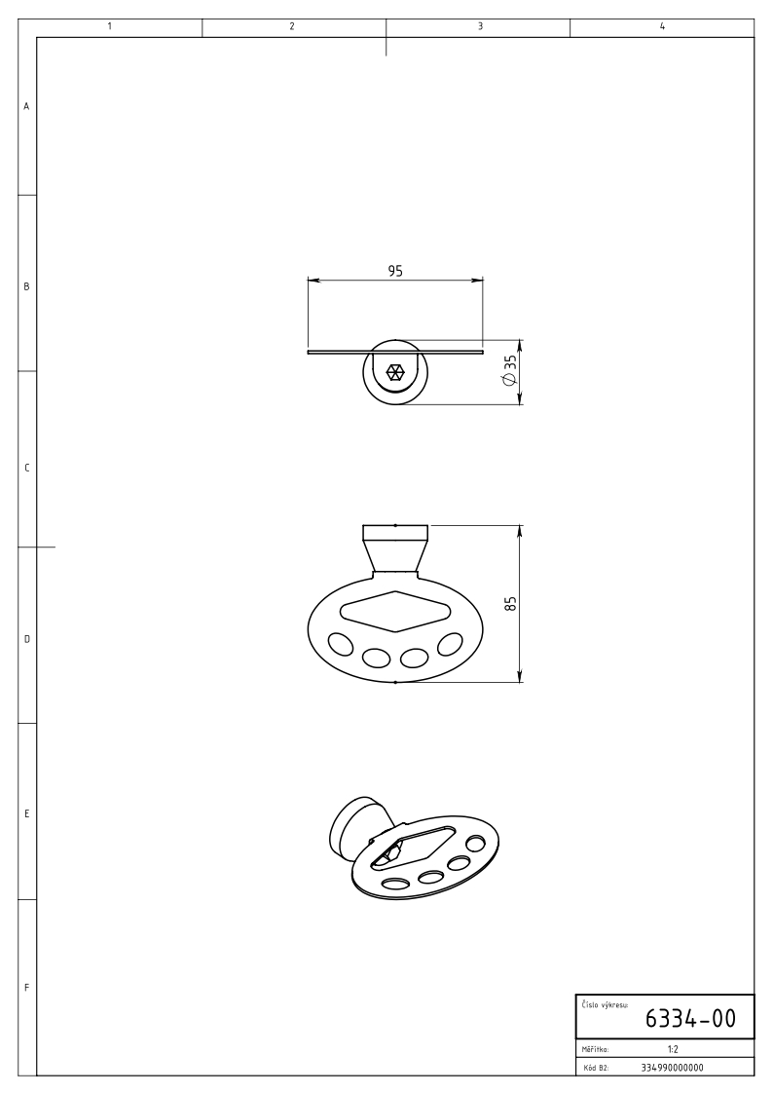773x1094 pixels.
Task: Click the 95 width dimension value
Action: coord(395,271)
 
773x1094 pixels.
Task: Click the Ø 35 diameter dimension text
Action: coord(509,370)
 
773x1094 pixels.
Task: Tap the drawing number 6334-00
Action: coord(690,1019)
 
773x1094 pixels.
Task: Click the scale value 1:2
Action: coord(673,1049)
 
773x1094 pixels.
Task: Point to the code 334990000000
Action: coord(672,1068)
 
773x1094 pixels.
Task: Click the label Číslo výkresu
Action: coord(605,1004)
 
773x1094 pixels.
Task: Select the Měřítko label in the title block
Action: coord(595,1049)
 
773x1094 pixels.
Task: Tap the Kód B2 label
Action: coord(595,1068)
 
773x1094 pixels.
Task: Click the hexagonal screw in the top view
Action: coord(395,372)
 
